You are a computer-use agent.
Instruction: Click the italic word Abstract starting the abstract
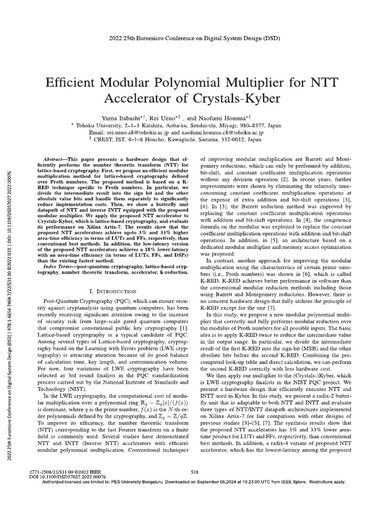point(55,158)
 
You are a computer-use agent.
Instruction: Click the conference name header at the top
point(194,38)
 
